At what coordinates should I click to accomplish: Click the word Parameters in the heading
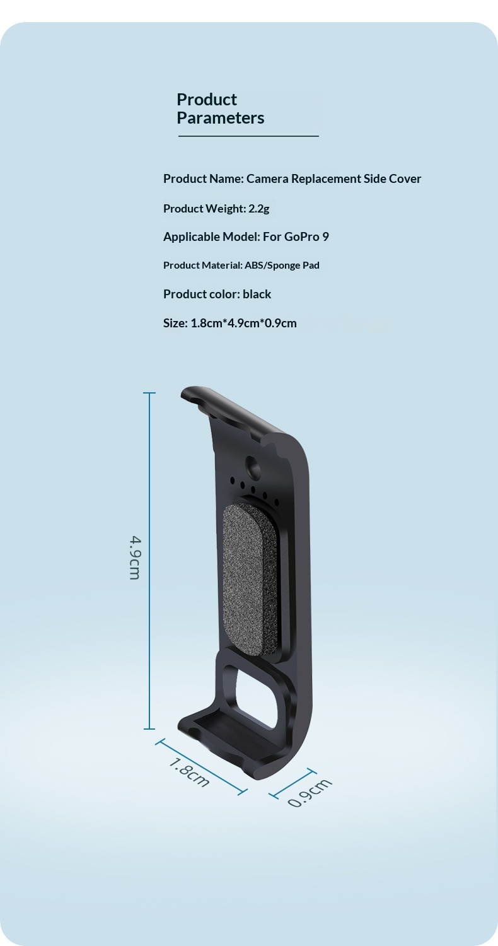[x=220, y=119]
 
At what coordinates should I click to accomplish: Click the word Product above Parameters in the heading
[x=207, y=100]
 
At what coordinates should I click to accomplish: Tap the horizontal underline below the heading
[x=248, y=136]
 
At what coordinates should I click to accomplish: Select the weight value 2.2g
[x=258, y=209]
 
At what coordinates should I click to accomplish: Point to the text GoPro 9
[x=306, y=237]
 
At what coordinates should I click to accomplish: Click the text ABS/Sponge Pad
[x=282, y=266]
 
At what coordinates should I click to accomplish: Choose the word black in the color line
[x=257, y=294]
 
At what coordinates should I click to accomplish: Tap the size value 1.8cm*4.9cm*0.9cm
[x=243, y=323]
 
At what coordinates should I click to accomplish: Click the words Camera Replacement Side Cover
[x=334, y=179]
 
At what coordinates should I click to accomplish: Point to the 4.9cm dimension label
[x=135, y=558]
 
